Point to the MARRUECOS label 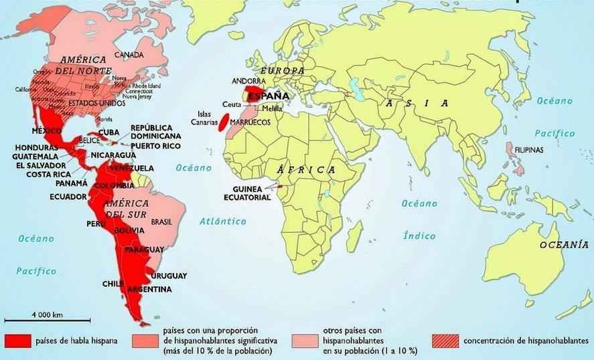point(249,123)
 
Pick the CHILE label point(110,284)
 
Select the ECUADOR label point(68,197)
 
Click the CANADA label point(129,54)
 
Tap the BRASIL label point(163,221)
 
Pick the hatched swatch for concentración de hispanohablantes point(445,341)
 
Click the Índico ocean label point(419,235)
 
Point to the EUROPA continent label point(282,70)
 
